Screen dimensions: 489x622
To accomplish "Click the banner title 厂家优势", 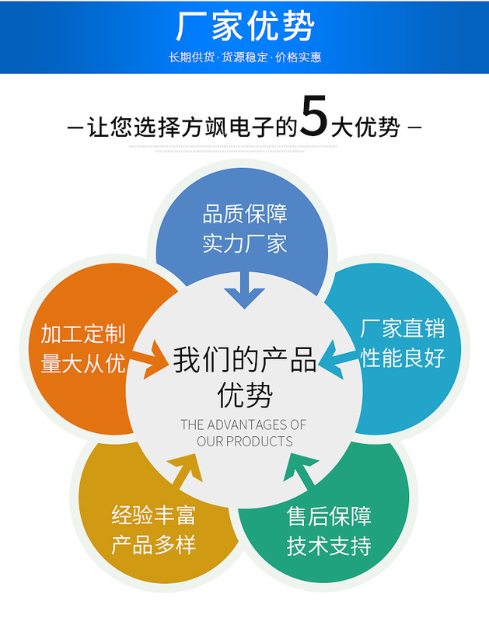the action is [244, 27].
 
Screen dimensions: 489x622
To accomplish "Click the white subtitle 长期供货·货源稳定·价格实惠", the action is [244, 57].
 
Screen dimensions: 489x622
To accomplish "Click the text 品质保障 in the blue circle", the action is [245, 214].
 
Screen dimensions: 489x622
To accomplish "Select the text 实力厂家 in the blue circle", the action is [245, 243].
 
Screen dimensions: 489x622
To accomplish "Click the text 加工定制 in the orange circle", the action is [83, 334].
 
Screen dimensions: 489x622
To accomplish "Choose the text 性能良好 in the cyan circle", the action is [402, 358].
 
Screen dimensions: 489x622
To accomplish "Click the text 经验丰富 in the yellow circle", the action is [153, 515].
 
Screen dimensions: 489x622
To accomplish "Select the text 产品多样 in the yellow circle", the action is [153, 544].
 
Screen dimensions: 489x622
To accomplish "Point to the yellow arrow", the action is [183, 469].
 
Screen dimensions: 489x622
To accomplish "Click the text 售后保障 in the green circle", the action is [329, 516].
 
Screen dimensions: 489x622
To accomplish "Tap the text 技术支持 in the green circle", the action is [329, 546].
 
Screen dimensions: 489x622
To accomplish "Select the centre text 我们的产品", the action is [244, 362].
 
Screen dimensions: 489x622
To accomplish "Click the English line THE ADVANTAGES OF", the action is [244, 425].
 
